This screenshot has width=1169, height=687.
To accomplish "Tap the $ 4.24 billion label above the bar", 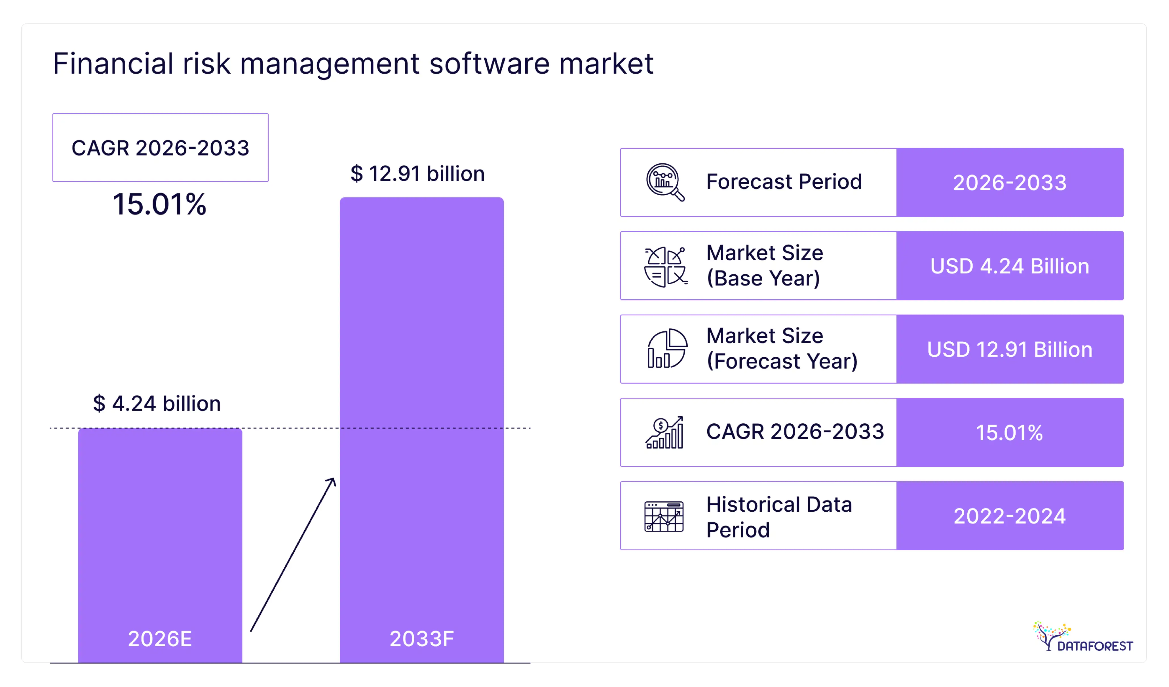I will (157, 404).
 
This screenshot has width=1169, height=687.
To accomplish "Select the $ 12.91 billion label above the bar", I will (417, 174).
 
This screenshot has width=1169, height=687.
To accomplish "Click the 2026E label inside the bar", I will (160, 639).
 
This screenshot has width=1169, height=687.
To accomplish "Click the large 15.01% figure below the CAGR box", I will (160, 204).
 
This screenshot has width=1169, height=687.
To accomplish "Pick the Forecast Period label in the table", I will (784, 182).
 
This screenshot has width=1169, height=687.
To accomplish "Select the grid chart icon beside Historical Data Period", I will (664, 516).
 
